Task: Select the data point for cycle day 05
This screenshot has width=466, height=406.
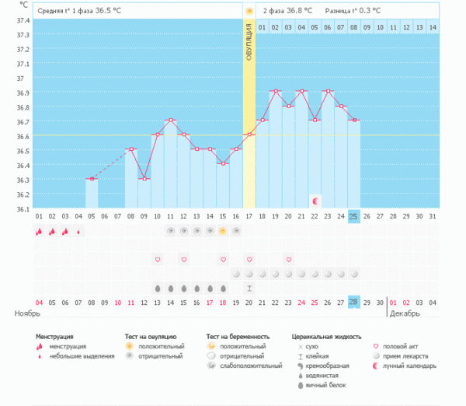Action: (91, 179)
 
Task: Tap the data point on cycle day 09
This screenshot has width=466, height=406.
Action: (144, 179)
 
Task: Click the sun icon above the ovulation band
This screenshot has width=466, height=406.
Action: (249, 11)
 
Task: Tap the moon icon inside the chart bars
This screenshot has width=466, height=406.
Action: (315, 201)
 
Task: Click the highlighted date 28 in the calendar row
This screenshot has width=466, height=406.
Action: (353, 302)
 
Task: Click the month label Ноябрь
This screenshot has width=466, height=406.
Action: (27, 313)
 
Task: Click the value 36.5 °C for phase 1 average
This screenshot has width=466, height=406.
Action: (110, 11)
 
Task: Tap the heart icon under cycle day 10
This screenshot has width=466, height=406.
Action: (157, 259)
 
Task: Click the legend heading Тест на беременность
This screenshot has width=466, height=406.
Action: (237, 337)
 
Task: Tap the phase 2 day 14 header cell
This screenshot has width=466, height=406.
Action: (433, 28)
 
